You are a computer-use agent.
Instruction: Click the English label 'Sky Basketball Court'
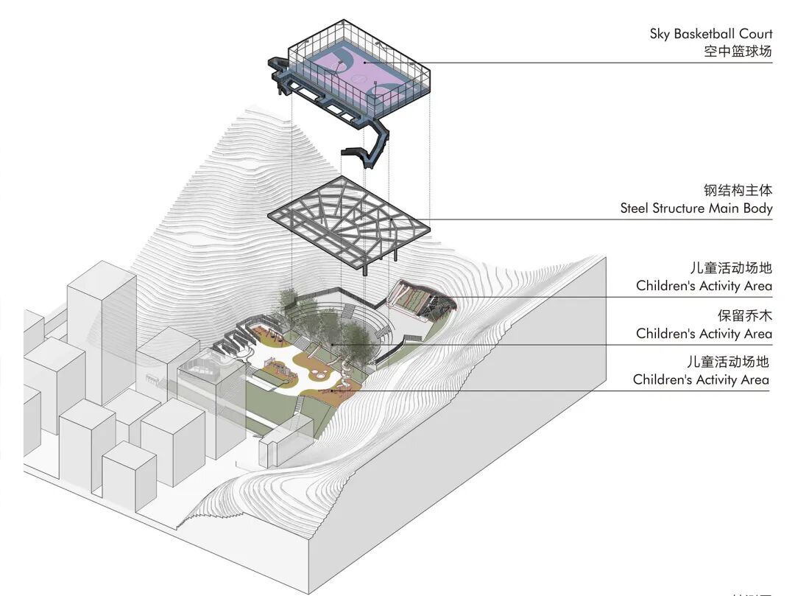point(710,34)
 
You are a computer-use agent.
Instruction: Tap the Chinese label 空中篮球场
point(738,52)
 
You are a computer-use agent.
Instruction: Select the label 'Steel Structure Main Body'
point(696,208)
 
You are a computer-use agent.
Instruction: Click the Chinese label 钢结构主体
point(738,191)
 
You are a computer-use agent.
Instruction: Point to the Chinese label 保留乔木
point(745,315)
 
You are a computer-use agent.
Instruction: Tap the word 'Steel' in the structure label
point(635,208)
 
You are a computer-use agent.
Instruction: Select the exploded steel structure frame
point(346,217)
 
